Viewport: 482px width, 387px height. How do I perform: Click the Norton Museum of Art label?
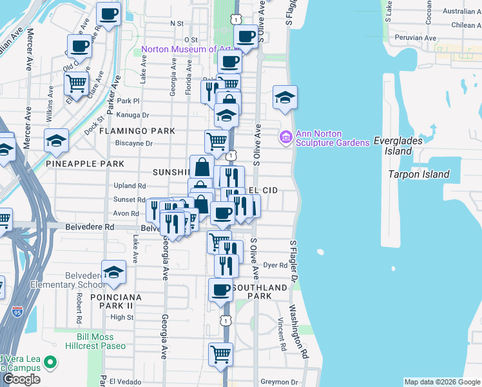(x=186, y=49)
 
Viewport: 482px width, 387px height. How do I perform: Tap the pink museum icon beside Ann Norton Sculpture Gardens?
(x=285, y=137)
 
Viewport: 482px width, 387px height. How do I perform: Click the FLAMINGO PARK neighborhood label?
(x=137, y=131)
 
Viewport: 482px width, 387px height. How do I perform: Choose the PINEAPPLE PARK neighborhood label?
(x=85, y=164)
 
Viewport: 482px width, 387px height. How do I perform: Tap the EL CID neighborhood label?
(x=263, y=191)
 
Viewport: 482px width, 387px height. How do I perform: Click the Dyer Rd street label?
(x=275, y=265)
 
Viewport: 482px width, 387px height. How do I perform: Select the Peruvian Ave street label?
(x=416, y=38)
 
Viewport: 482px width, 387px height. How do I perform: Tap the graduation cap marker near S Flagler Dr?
(x=285, y=97)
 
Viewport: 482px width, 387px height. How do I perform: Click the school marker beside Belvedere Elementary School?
(x=113, y=272)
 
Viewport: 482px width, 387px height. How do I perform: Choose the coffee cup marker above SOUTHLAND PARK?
(x=220, y=290)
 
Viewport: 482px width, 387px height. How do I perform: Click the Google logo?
(x=21, y=379)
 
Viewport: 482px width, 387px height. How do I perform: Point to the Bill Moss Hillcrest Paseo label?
(x=95, y=341)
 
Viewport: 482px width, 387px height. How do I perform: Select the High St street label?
(x=122, y=317)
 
